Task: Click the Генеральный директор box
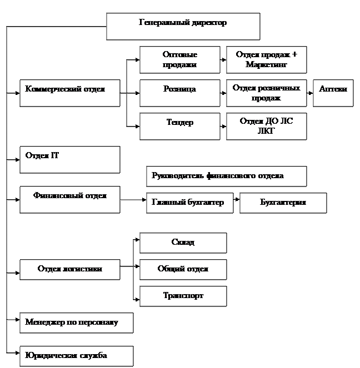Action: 183,26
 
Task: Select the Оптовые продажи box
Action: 179,60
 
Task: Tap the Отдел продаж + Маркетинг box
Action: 266,60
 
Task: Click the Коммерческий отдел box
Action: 70,93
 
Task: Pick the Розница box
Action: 179,93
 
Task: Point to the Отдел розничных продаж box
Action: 266,93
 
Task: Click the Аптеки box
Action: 333,93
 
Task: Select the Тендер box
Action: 179,126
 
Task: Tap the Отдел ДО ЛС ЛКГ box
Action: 266,126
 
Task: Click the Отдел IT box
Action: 70,159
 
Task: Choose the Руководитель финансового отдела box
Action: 226,176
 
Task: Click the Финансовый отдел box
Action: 70,199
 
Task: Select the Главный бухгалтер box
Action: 188,203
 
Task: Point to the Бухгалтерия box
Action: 283,203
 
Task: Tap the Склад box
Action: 183,243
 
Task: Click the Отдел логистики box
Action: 70,269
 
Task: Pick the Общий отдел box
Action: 183,269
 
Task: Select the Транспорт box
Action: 183,296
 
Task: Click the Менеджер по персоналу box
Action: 77,322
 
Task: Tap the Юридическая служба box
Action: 77,356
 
